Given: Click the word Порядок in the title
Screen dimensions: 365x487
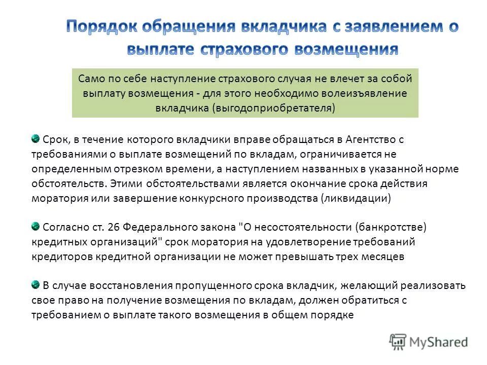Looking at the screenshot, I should point(101,27).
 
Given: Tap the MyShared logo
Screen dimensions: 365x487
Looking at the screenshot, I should point(429,342).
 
